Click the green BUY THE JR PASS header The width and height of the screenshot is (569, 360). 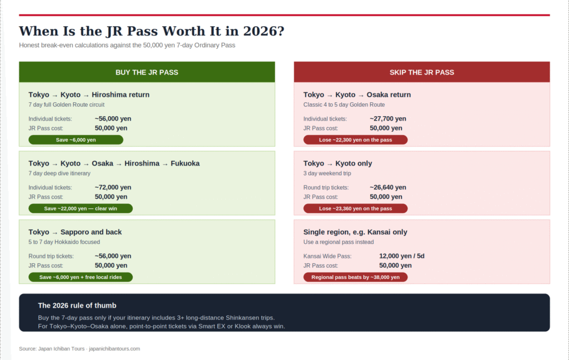pyautogui.click(x=147, y=72)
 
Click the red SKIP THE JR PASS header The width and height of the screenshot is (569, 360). pyautogui.click(x=422, y=72)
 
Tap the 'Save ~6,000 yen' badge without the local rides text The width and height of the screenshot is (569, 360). pyautogui.click(x=76, y=140)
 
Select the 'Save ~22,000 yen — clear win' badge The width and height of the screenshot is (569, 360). pyautogui.click(x=81, y=208)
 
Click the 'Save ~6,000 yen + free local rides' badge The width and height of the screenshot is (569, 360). pyautogui.click(x=81, y=277)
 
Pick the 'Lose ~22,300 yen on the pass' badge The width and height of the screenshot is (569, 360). pyautogui.click(x=355, y=140)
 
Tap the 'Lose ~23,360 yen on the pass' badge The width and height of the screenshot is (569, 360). pyautogui.click(x=355, y=208)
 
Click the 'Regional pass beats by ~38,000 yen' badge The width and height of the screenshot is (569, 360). pyautogui.click(x=355, y=277)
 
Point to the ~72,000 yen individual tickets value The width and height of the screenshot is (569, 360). pyautogui.click(x=113, y=187)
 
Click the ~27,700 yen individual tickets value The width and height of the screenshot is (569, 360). pyautogui.click(x=388, y=118)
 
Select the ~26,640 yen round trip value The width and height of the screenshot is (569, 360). pyautogui.click(x=388, y=187)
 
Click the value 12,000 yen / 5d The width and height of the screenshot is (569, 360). pyautogui.click(x=402, y=256)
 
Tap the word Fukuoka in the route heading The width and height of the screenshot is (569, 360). pyautogui.click(x=185, y=163)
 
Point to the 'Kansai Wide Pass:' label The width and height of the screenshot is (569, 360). pyautogui.click(x=327, y=256)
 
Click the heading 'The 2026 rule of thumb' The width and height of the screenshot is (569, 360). pyautogui.click(x=77, y=306)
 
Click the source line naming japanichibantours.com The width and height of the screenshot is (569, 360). pyautogui.click(x=79, y=349)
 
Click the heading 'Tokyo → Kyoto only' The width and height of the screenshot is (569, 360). pyautogui.click(x=337, y=163)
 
